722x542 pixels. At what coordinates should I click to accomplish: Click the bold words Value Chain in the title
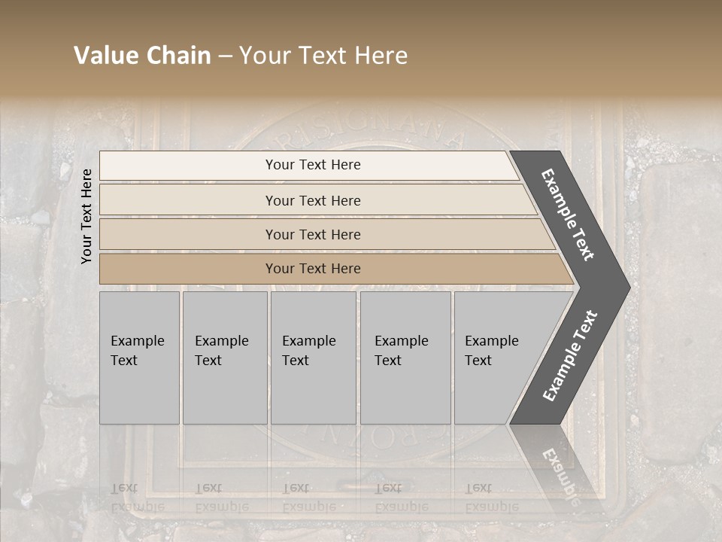(142, 56)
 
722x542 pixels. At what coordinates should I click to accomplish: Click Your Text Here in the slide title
(323, 56)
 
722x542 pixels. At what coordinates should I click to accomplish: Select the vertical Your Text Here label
(87, 216)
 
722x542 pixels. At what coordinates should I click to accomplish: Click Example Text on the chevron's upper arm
(568, 215)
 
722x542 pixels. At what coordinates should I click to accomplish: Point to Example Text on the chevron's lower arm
(569, 356)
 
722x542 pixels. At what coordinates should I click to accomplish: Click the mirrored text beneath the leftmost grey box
(137, 498)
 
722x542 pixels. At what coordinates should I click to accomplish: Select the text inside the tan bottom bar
(313, 269)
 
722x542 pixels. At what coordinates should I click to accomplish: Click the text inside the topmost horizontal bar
(313, 165)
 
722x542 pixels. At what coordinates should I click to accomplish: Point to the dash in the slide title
(225, 56)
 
